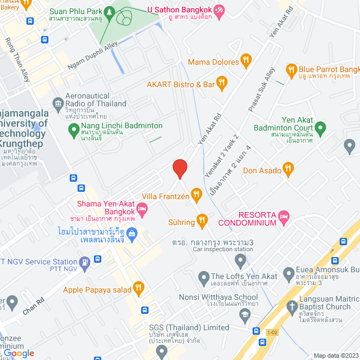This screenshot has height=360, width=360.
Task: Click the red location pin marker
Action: point(180,168)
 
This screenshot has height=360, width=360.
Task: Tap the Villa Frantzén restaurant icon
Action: point(196,195)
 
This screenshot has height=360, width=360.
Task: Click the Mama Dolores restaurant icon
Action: point(245,61)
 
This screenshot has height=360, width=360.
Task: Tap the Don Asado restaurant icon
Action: point(288,168)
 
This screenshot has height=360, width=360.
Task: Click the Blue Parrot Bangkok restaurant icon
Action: point(291,70)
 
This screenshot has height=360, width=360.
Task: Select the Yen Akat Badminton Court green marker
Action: point(321,129)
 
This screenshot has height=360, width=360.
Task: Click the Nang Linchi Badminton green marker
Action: point(73,130)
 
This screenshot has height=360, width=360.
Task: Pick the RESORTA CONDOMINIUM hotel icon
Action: point(285,215)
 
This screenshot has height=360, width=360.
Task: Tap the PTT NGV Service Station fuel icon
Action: point(85,262)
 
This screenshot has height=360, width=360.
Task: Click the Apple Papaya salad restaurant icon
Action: point(138,290)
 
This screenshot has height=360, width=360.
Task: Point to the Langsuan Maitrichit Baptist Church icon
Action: point(291,307)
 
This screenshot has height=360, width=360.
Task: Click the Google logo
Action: point(20,353)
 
